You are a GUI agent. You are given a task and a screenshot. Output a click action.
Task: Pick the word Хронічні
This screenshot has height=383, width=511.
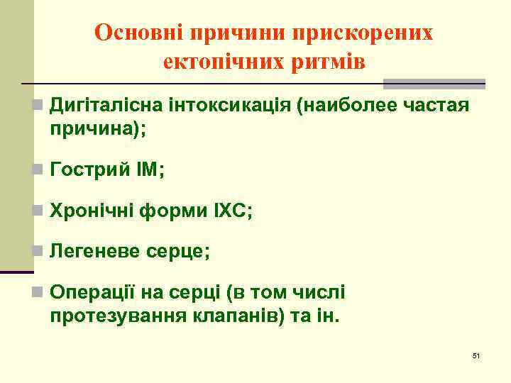[94, 211]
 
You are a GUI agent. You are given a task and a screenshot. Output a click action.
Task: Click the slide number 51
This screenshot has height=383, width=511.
[476, 355]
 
